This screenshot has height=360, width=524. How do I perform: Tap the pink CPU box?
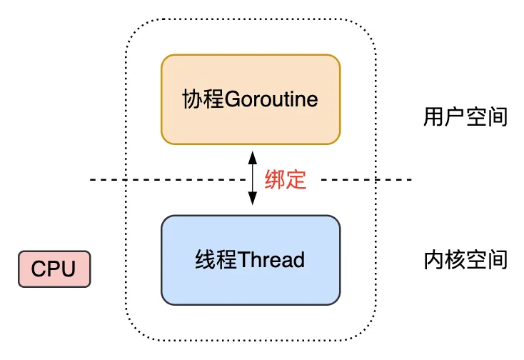[x=54, y=269]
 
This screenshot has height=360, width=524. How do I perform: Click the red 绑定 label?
[x=286, y=180]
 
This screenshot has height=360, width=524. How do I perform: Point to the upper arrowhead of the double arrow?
[x=252, y=156]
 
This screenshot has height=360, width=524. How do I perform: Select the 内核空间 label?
[x=465, y=259]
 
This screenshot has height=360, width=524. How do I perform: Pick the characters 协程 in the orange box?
[x=203, y=99]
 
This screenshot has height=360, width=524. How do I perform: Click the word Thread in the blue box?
[x=271, y=259]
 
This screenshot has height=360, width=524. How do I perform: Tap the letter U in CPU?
[x=68, y=269]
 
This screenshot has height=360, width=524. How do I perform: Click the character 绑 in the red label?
[x=275, y=180]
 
